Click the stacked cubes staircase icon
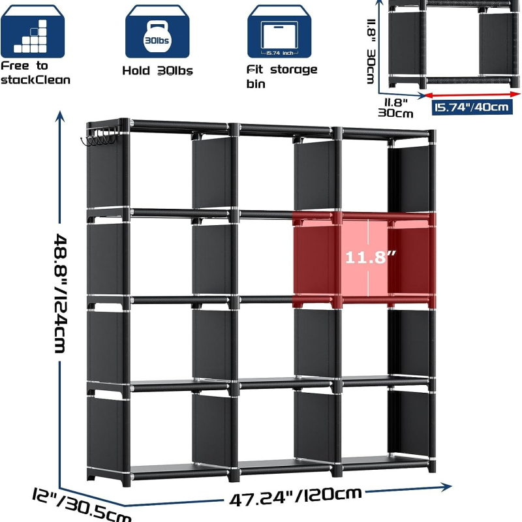click(32, 31)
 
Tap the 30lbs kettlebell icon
click(157, 31)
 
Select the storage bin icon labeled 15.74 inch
click(279, 31)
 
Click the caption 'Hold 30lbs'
click(157, 70)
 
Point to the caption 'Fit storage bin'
click(282, 76)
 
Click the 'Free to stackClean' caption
click(35, 73)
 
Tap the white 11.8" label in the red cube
click(371, 257)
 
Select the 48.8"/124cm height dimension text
click(61, 293)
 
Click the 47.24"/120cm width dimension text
click(296, 497)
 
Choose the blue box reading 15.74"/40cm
click(472, 108)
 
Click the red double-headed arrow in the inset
click(472, 95)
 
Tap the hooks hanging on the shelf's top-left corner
click(99, 136)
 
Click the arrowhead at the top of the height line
click(60, 117)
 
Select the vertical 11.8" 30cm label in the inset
click(371, 52)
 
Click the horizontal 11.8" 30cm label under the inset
click(395, 108)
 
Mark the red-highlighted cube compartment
click(364, 259)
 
